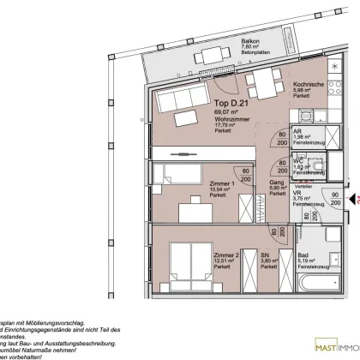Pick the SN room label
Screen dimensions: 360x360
pos(243,255)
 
